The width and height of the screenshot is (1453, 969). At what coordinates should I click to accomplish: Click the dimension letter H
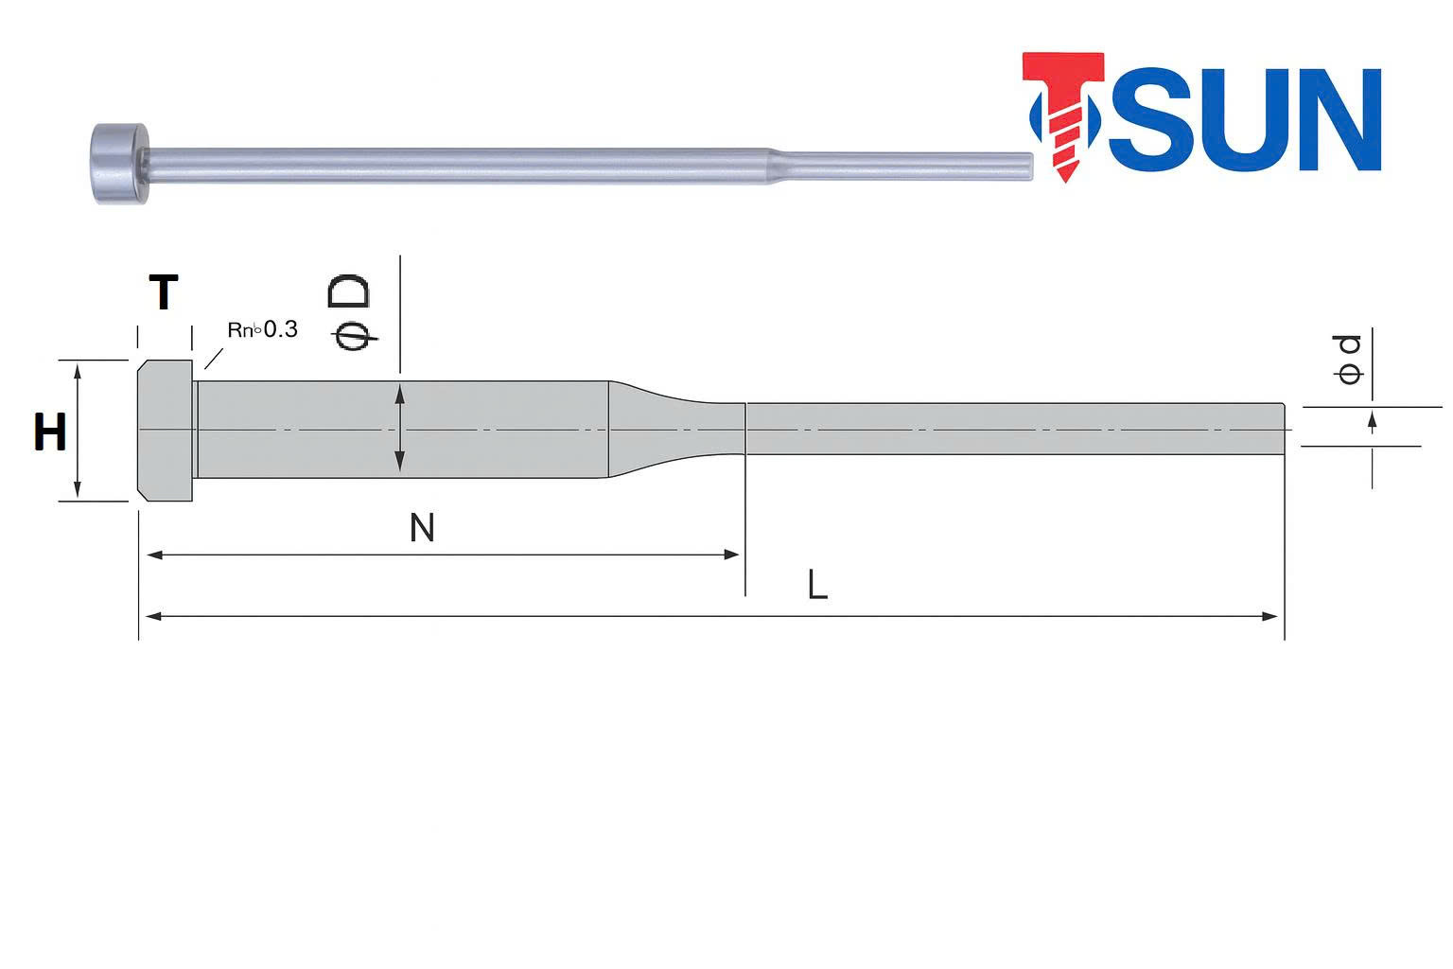pyautogui.click(x=49, y=433)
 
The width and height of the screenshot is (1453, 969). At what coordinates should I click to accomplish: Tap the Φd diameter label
pyautogui.click(x=1349, y=359)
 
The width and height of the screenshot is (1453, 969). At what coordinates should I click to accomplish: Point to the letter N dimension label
pyautogui.click(x=422, y=528)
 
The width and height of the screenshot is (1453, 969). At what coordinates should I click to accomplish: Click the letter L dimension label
pyautogui.click(x=817, y=586)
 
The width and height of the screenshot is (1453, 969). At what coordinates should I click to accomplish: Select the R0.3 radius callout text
pyautogui.click(x=262, y=329)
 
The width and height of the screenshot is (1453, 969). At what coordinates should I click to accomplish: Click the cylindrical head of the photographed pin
pyautogui.click(x=119, y=163)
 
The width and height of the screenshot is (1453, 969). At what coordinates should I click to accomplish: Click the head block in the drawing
pyautogui.click(x=166, y=431)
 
